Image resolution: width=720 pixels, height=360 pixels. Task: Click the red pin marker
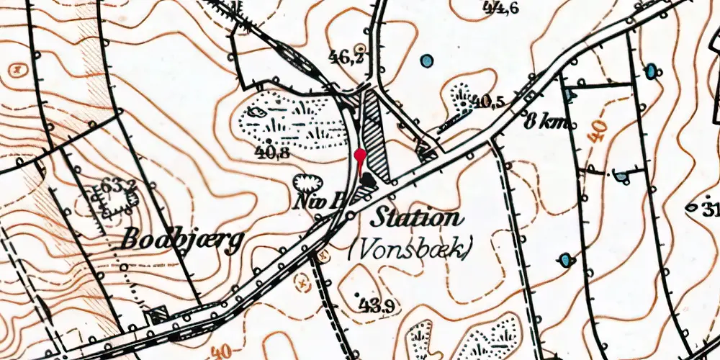[x=361, y=154]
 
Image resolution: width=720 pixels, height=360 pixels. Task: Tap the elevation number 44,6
[x=501, y=9]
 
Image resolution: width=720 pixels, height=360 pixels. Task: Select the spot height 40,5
[x=488, y=102]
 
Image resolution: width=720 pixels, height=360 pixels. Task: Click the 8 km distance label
[x=547, y=120]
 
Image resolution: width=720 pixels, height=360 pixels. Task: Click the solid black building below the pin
[x=368, y=181]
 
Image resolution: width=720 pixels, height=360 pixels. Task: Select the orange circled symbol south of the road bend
[x=323, y=253]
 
